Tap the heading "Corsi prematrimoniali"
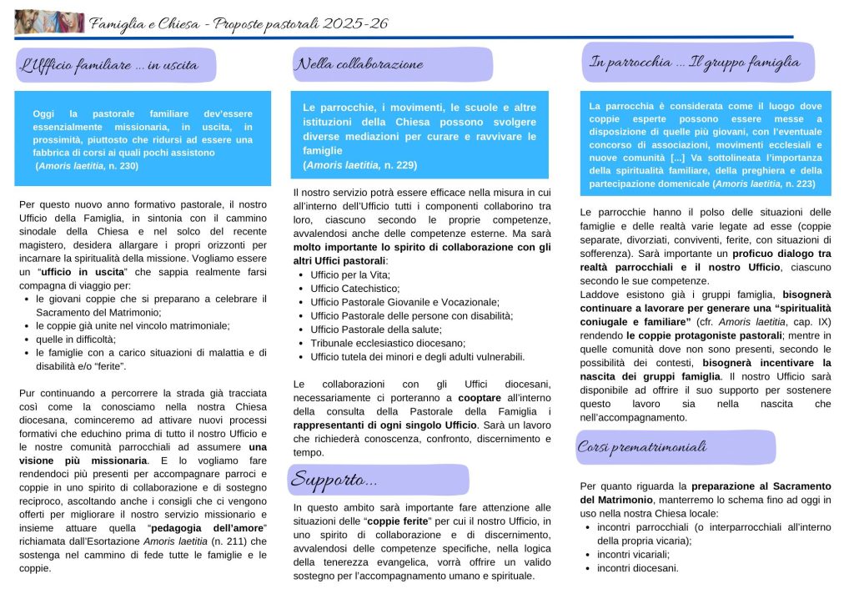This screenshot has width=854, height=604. click(642, 447)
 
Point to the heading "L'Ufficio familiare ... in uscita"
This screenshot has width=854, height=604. click(114, 65)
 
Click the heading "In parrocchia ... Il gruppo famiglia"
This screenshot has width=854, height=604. click(695, 62)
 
